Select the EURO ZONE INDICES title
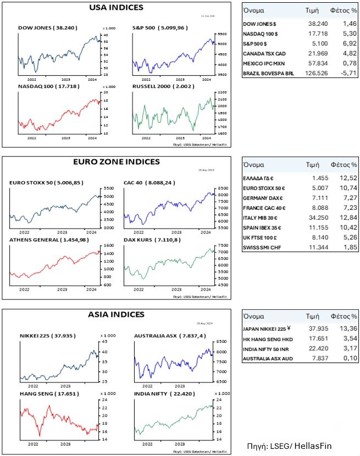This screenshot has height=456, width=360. (x=116, y=162)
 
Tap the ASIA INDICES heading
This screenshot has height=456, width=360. (x=116, y=315)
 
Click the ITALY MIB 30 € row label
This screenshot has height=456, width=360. (x=262, y=218)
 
